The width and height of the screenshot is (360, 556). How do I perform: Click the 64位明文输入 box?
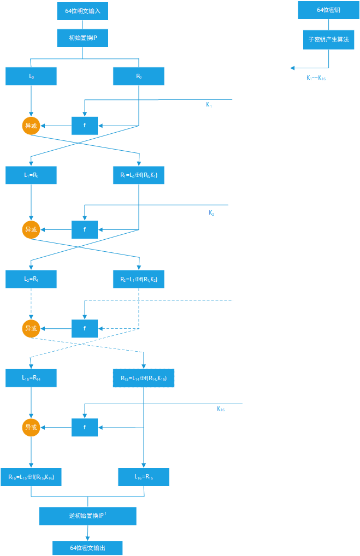(82, 11)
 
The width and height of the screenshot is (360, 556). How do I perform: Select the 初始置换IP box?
(82, 38)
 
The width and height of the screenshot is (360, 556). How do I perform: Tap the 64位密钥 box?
(328, 10)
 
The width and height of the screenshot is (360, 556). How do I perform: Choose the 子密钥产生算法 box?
(328, 40)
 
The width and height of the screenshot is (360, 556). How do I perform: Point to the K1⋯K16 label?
(316, 78)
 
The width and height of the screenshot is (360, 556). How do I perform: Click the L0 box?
(31, 76)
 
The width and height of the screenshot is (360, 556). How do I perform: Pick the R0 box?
(139, 76)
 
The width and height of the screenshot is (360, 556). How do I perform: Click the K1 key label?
(209, 104)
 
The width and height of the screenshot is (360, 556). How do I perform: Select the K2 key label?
(211, 213)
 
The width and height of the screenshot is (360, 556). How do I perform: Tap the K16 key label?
(221, 409)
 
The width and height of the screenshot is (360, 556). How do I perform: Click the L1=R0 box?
(31, 175)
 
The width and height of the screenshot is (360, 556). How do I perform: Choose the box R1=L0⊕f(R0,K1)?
(139, 175)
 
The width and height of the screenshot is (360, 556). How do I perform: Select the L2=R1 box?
(31, 279)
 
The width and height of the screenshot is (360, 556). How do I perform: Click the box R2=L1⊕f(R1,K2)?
(139, 279)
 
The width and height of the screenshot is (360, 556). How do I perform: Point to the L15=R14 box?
(31, 378)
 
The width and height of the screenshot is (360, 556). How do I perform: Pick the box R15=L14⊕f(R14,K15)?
(144, 378)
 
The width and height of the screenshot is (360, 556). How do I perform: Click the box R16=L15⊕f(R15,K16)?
(31, 477)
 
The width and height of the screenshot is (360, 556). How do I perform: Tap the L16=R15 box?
(144, 477)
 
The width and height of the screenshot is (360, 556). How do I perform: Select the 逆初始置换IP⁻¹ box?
(87, 516)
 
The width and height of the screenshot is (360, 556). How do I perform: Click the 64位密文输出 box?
(87, 548)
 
